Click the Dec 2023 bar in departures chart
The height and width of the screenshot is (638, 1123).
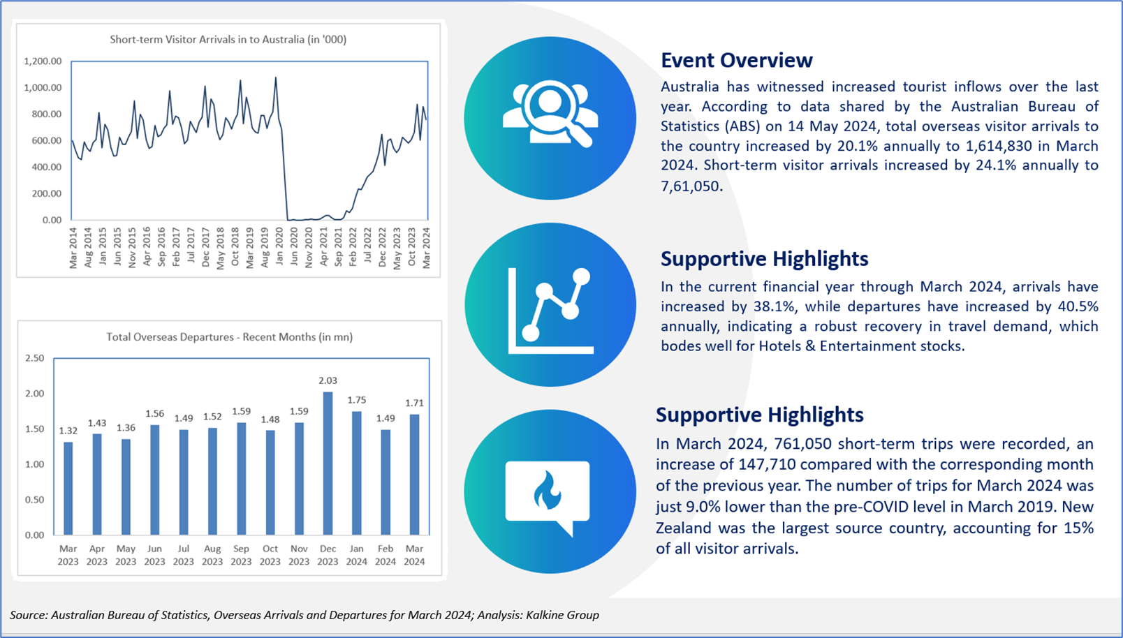[328, 463]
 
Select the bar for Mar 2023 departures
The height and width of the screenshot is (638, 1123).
[68, 488]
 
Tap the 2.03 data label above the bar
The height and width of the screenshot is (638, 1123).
[328, 380]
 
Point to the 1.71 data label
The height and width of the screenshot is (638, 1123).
[415, 403]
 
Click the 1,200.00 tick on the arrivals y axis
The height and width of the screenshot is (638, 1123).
[43, 61]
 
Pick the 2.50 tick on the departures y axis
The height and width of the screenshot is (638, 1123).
[35, 358]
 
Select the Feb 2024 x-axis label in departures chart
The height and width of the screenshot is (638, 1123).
[386, 555]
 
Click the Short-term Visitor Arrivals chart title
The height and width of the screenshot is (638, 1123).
[228, 40]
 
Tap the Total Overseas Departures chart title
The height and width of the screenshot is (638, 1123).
[230, 336]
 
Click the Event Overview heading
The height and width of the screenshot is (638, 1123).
[737, 60]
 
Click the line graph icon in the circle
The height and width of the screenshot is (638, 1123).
[550, 311]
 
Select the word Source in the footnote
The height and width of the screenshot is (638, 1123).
[27, 615]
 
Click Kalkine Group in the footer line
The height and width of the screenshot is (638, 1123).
[562, 615]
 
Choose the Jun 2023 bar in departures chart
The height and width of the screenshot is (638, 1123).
[155, 480]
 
